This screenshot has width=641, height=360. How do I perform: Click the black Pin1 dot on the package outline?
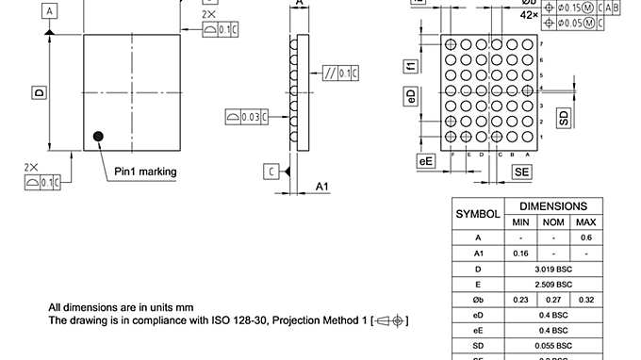98,138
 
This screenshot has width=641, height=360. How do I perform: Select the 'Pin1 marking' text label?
145,172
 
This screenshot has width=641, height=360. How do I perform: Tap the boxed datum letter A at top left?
49,10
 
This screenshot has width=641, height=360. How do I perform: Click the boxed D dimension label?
40,92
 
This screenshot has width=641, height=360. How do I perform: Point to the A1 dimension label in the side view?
321,186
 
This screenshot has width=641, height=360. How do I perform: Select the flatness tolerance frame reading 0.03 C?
248,117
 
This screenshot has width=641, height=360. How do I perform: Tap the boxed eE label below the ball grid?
426,161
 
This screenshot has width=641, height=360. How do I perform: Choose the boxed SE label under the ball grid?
521,171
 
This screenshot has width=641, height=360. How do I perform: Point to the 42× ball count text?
529,15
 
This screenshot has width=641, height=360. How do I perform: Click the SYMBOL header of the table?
478,214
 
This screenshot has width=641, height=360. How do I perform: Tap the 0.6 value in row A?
585,237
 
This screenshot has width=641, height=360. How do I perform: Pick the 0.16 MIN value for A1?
520,253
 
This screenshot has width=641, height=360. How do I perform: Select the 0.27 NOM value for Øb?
553,300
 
